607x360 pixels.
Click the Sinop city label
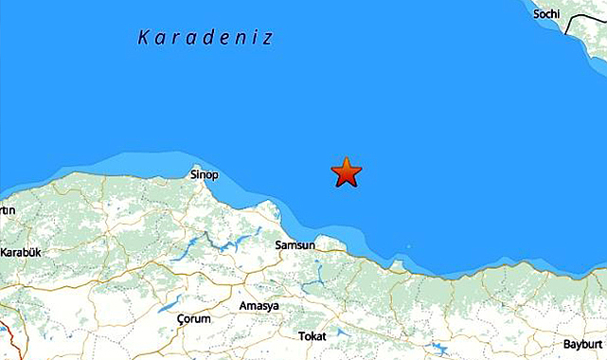[x=205, y=175]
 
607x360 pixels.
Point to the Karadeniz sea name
[x=205, y=38]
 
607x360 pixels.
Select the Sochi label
[x=546, y=13]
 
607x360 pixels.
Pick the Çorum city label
[x=194, y=319]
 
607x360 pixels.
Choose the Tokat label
[x=312, y=336]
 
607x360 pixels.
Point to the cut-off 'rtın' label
[x=8, y=210]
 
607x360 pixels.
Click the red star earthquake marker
[x=347, y=172]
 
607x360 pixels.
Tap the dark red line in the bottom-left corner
[x=5, y=337]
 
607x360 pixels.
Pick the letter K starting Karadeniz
[x=143, y=38]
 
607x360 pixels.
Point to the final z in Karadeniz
[x=268, y=38]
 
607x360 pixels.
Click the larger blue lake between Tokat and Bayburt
[x=438, y=349]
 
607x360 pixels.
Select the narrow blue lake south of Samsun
[x=315, y=275]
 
